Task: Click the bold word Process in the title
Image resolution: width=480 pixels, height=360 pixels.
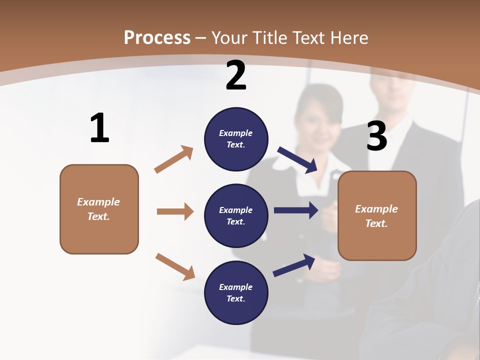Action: [x=157, y=37]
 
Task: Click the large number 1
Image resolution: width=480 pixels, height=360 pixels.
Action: [x=99, y=128]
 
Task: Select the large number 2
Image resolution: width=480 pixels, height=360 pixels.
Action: [x=236, y=76]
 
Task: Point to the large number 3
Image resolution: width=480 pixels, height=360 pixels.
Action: [x=376, y=136]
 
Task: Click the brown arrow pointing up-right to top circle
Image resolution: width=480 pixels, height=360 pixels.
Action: [x=174, y=159]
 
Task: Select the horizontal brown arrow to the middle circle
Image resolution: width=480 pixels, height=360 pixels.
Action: [x=175, y=211]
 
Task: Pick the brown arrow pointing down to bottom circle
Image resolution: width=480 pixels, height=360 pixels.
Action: [x=175, y=266]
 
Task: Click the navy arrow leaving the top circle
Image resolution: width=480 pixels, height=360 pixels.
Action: [x=297, y=159]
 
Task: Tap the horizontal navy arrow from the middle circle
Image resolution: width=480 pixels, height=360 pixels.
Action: [x=296, y=210]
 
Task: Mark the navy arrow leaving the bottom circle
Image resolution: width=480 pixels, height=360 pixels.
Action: [x=294, y=265]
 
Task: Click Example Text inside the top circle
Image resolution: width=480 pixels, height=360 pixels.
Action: [x=236, y=139]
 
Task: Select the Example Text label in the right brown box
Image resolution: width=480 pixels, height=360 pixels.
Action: [x=376, y=216]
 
